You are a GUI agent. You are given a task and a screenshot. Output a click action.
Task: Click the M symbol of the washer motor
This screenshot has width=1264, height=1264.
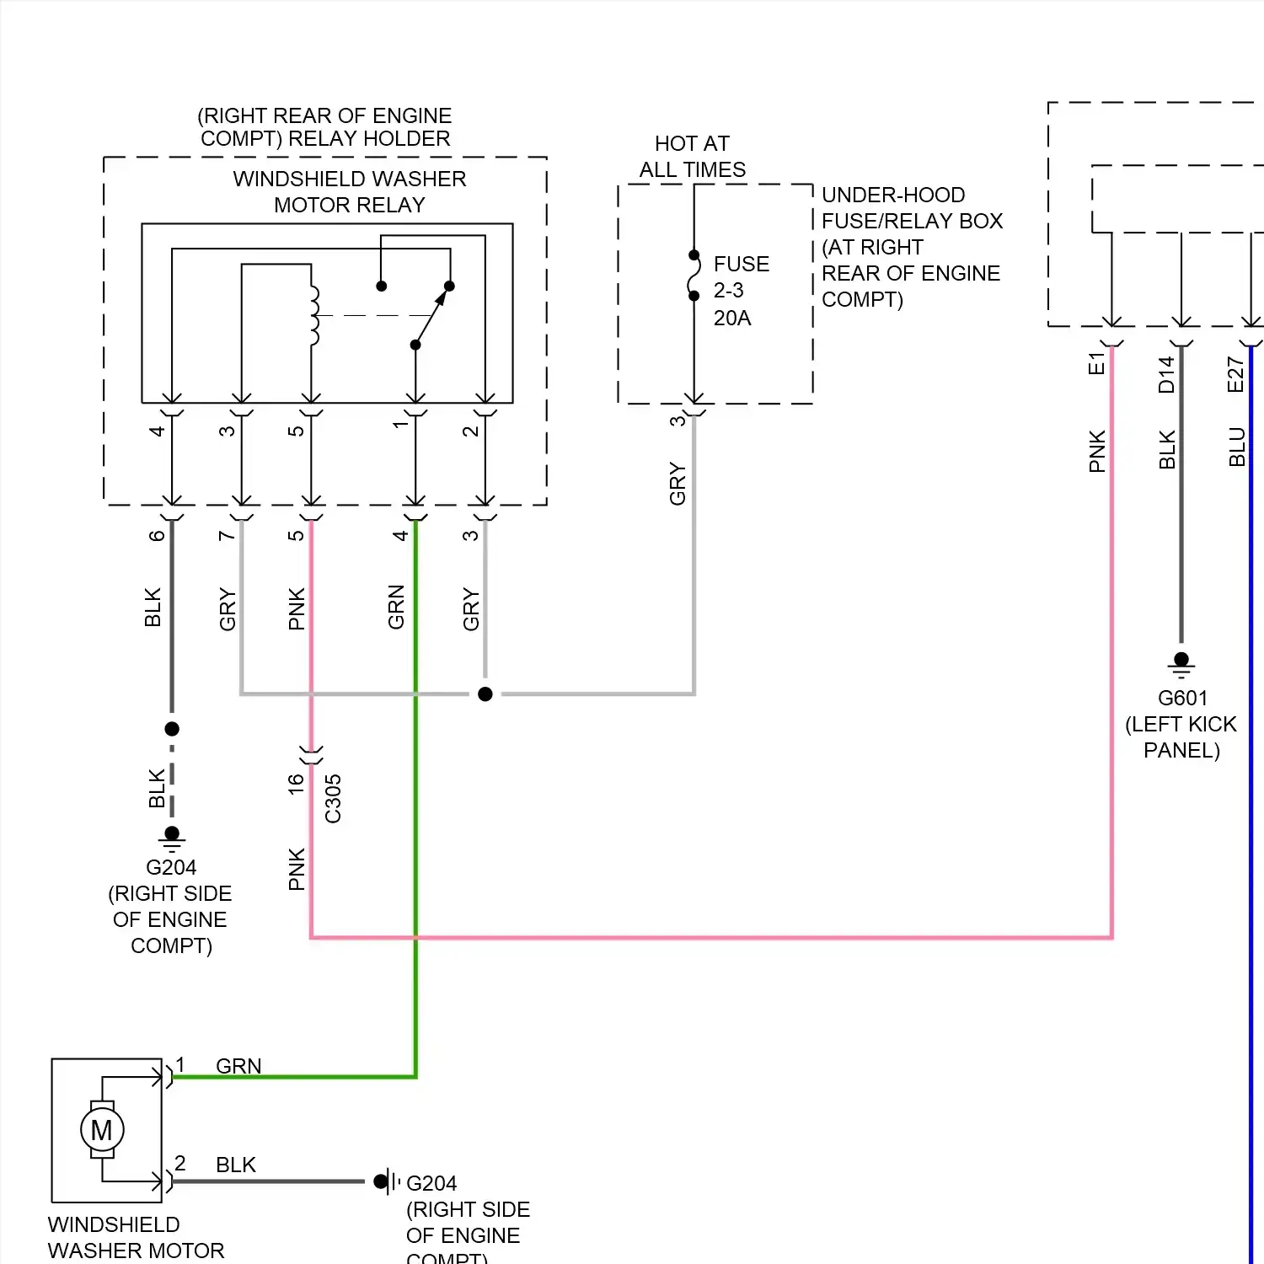pyautogui.click(x=102, y=1130)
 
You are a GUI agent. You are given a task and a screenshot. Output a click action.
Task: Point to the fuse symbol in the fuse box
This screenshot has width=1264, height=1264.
pyautogui.click(x=694, y=276)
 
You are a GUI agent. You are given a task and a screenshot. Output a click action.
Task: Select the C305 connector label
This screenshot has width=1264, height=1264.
pyautogui.click(x=333, y=799)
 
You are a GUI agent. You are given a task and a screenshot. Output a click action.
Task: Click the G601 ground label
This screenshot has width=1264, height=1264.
pyautogui.click(x=1182, y=699)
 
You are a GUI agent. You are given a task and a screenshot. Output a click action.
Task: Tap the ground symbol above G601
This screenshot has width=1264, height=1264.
pyautogui.click(x=1181, y=666)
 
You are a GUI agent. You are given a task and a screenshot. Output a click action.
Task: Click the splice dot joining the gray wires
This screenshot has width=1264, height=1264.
pyautogui.click(x=485, y=694)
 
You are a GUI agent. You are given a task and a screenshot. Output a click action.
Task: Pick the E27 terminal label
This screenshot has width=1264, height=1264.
pyautogui.click(x=1235, y=374)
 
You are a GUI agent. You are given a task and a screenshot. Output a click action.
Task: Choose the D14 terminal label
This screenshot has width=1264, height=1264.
pyautogui.click(x=1166, y=374)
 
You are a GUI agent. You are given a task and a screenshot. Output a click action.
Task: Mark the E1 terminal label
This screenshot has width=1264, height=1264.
pyautogui.click(x=1096, y=364)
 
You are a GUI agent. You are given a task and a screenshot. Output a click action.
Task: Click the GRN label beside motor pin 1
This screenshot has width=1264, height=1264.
pyautogui.click(x=238, y=1066)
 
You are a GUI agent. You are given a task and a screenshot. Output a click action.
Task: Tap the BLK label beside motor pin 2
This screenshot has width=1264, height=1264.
pyautogui.click(x=235, y=1165)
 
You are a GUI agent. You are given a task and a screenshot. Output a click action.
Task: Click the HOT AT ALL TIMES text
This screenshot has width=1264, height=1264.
pyautogui.click(x=692, y=157)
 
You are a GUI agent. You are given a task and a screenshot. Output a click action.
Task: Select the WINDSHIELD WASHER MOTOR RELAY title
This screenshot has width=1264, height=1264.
pyautogui.click(x=349, y=192)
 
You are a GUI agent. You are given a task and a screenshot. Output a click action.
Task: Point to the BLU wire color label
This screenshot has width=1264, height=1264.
pyautogui.click(x=1236, y=447)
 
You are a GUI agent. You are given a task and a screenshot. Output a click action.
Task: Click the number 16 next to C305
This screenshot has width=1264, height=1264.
pyautogui.click(x=296, y=784)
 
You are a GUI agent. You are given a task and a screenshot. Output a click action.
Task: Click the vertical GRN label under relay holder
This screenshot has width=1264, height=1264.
pyautogui.click(x=396, y=607)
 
